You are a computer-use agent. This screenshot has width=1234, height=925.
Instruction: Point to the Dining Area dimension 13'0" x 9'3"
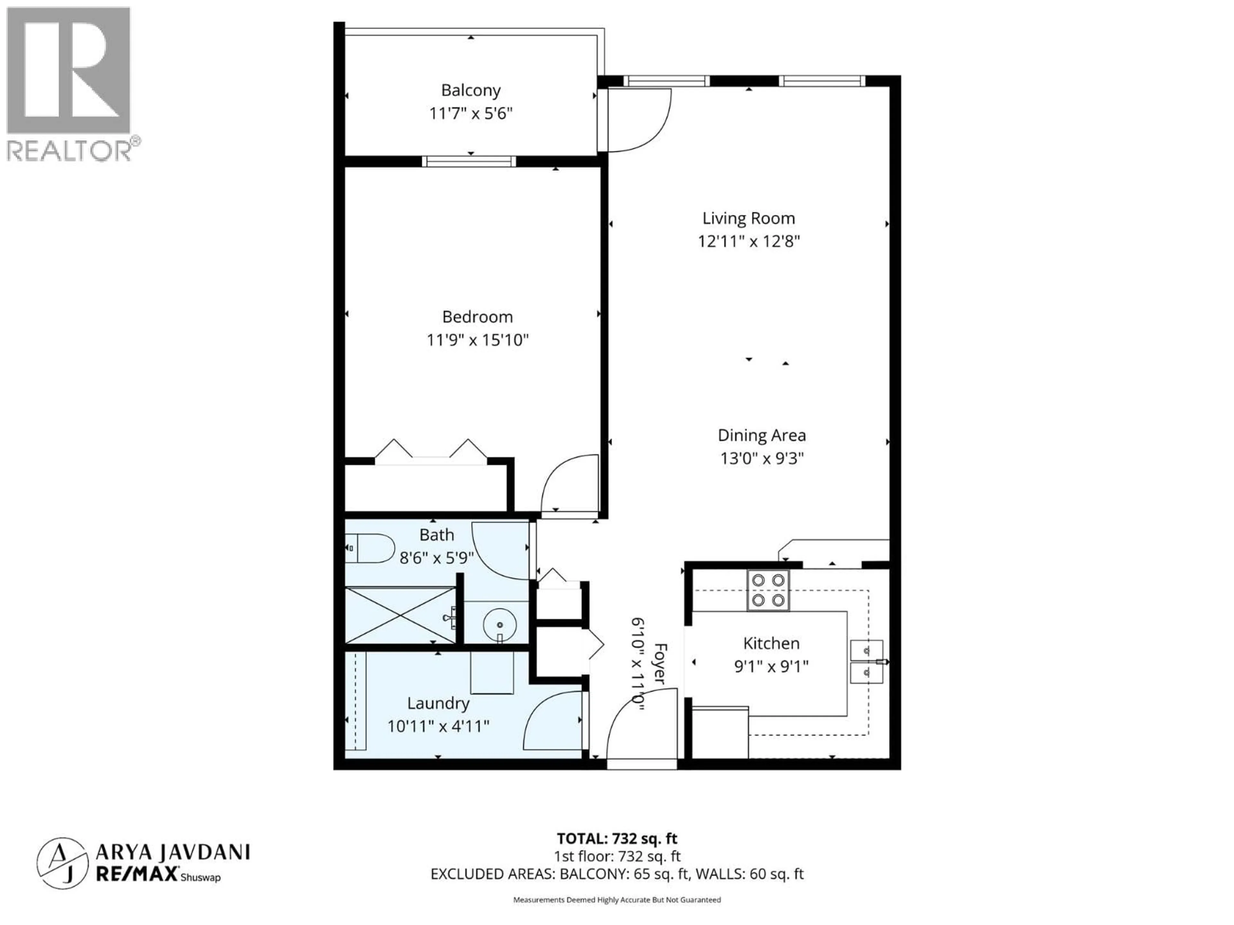click(x=762, y=458)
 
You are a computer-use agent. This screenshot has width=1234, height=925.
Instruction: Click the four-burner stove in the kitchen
click(x=768, y=590)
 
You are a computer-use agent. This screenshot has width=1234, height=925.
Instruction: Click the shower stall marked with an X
click(x=400, y=615)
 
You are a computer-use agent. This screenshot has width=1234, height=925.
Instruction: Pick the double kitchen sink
click(x=866, y=661)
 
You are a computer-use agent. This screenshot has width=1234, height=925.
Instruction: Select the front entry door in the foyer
click(x=639, y=725)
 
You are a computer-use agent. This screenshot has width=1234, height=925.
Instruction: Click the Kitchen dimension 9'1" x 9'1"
click(x=771, y=666)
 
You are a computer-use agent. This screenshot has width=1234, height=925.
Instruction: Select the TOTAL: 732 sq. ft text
click(x=617, y=838)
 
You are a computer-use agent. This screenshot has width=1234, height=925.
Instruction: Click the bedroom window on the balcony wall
click(x=469, y=162)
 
